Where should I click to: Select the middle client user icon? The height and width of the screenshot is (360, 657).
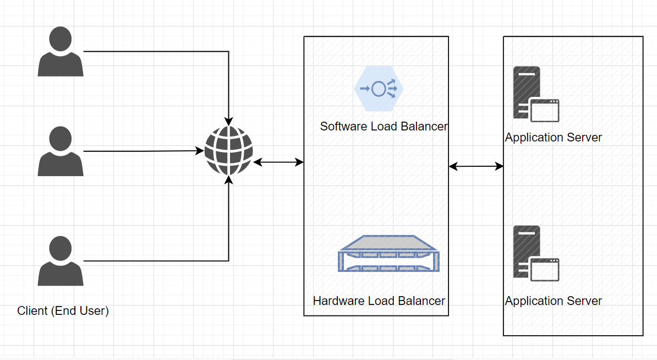(61, 151)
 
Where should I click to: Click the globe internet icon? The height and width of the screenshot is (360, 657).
(229, 151)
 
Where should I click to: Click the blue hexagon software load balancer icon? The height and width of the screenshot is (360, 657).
(379, 88)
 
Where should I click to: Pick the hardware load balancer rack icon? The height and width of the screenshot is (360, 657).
(390, 254)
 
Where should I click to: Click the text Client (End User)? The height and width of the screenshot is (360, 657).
(63, 311)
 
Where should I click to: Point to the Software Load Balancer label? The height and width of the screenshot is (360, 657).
(384, 127)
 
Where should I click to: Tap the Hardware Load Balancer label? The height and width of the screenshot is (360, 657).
(379, 301)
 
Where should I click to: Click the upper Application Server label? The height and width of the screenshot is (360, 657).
(554, 138)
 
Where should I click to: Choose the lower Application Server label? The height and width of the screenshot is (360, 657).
(554, 301)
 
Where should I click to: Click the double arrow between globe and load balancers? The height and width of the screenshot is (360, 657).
(278, 162)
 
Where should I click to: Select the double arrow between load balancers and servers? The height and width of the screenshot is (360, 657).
(477, 166)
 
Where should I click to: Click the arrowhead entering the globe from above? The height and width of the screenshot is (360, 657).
(229, 122)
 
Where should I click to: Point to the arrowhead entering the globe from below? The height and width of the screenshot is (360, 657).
(229, 179)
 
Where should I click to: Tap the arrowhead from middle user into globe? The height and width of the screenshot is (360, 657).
(200, 150)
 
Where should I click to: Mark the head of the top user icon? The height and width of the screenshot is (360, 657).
(61, 39)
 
